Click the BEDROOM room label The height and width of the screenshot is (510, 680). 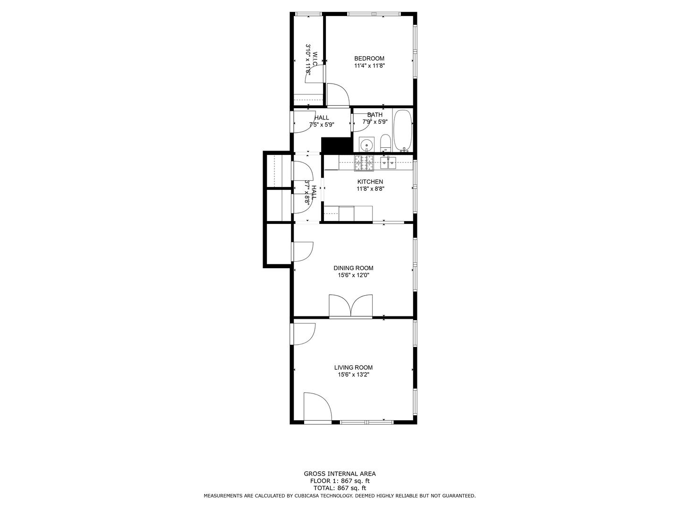(369, 59)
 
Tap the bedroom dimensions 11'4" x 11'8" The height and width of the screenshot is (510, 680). (369, 66)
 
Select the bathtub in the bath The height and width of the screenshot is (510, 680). (402, 130)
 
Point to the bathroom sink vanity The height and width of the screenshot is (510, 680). (367, 144)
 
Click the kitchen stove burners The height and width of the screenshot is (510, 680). (364, 163)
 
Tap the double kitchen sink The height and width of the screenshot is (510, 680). (388, 163)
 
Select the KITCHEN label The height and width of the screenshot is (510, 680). (370, 182)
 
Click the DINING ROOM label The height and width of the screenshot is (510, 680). (353, 268)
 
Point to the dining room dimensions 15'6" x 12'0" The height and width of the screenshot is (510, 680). (354, 275)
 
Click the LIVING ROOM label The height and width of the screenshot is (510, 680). (353, 367)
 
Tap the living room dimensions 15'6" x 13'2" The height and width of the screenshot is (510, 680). (354, 374)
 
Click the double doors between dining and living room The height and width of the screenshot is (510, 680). (351, 306)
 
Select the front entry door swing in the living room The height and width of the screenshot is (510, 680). (317, 408)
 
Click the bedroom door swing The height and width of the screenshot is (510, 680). (338, 95)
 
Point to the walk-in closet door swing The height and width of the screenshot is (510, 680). (314, 74)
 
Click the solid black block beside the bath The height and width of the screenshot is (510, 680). (337, 145)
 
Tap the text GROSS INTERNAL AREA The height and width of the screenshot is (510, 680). (340, 474)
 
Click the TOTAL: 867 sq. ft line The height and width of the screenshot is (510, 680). (340, 488)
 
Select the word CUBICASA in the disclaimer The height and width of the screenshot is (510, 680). (302, 496)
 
